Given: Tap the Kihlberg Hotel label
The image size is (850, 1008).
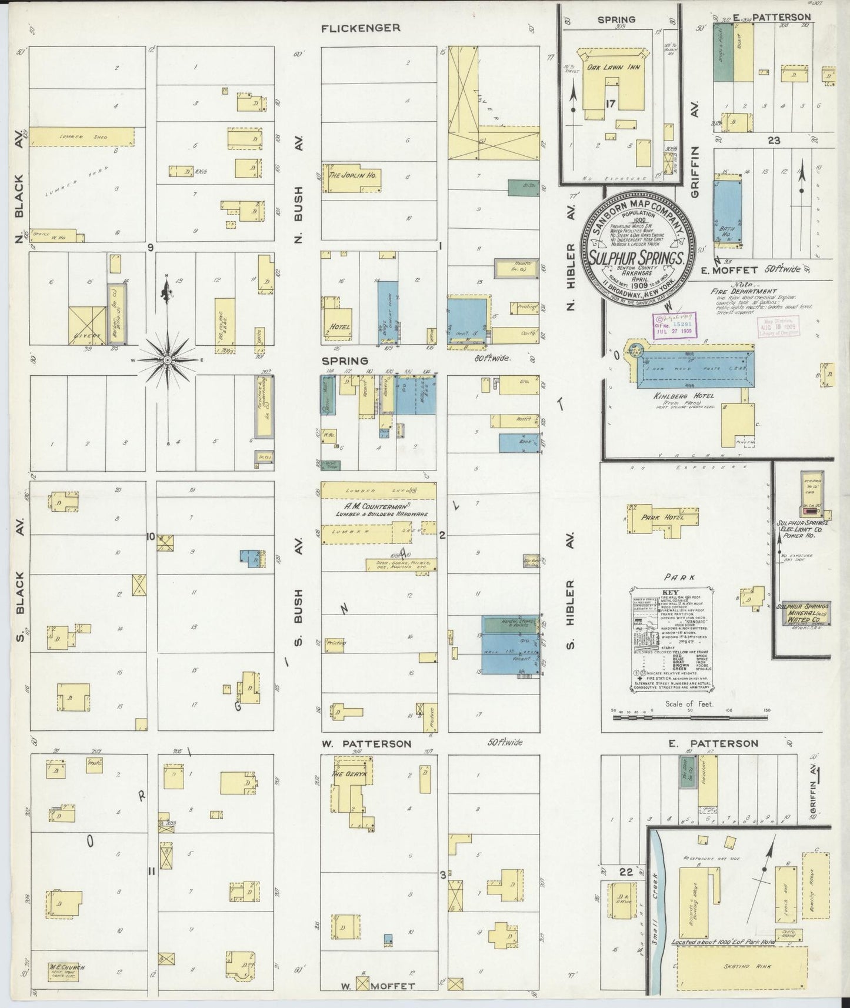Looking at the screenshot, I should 679,397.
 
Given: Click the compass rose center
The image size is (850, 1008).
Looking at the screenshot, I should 168,359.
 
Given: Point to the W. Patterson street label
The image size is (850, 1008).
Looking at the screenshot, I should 366,744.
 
